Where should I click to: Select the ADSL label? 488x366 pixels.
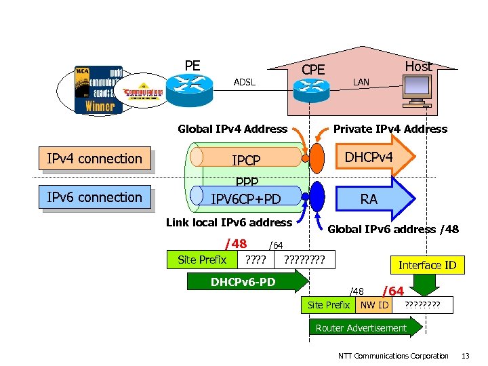(245, 82)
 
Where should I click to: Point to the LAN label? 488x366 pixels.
(361, 82)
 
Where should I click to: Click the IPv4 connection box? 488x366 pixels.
(94, 159)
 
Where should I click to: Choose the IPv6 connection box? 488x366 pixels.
(94, 197)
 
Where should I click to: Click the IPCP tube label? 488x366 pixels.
(246, 161)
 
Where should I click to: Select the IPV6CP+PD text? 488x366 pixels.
(246, 199)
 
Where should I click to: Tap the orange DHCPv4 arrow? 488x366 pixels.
(373, 157)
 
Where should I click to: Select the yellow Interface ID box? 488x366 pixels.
(427, 265)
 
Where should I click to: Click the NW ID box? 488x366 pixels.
(374, 305)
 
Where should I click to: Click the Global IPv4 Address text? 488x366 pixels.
(232, 129)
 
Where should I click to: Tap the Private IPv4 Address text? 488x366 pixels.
(390, 129)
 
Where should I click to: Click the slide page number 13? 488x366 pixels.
(465, 356)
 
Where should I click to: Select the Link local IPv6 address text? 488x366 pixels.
(229, 222)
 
